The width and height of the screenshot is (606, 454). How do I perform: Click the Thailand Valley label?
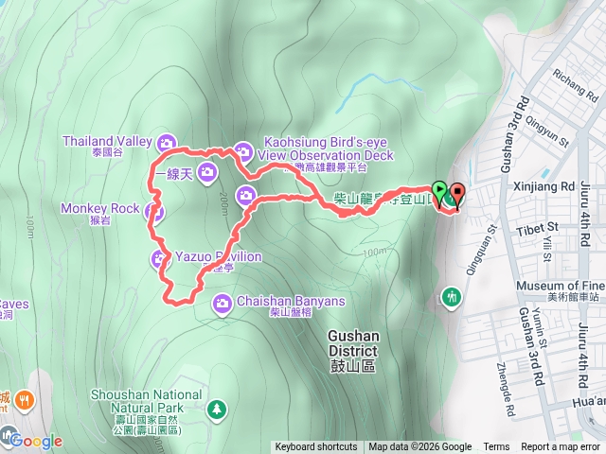click(107, 142)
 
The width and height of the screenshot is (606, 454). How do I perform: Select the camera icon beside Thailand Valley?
click(168, 143)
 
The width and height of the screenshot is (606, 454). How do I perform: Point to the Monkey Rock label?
click(100, 208)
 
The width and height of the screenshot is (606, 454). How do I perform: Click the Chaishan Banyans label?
click(291, 302)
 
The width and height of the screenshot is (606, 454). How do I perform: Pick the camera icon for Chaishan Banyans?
click(223, 303)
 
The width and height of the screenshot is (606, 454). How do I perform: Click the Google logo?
click(36, 440)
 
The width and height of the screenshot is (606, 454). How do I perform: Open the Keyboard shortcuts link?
click(316, 447)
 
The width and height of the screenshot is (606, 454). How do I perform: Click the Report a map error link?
click(561, 447)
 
